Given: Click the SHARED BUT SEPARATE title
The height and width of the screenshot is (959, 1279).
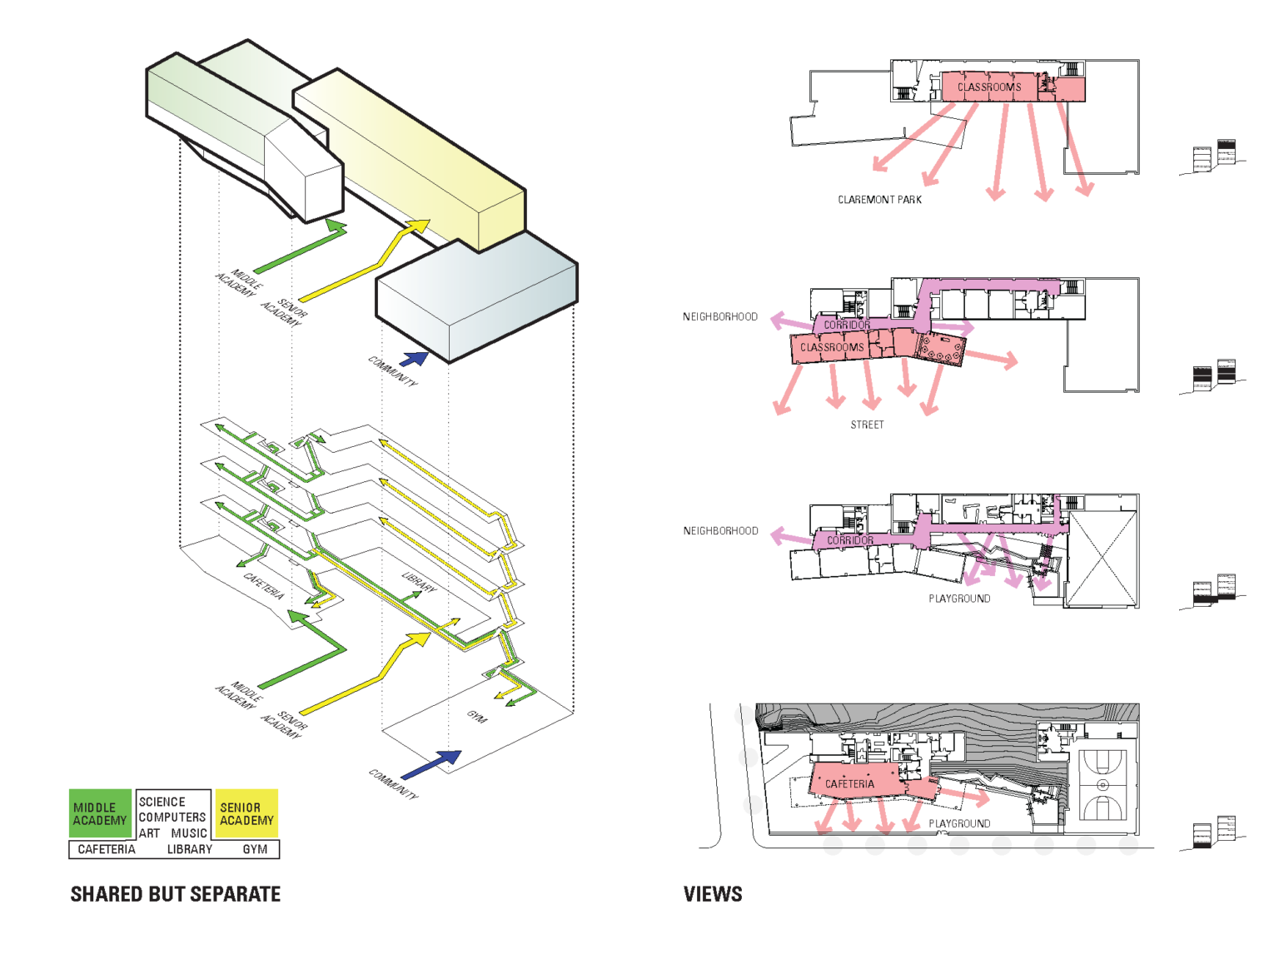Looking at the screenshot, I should [175, 894].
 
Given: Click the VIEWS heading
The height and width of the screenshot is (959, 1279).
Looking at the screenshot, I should [713, 894].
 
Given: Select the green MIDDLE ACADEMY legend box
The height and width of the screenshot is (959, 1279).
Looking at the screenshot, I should [100, 813].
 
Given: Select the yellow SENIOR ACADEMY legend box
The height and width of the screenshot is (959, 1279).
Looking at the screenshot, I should [246, 813].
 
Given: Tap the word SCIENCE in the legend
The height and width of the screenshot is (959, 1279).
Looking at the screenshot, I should [162, 802].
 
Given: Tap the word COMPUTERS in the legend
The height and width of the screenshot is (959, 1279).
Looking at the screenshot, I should [172, 817].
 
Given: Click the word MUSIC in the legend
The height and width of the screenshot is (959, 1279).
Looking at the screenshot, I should [189, 832].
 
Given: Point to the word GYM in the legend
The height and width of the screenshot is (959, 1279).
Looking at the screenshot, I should [255, 849].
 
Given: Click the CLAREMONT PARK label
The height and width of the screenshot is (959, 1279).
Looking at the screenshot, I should [879, 200].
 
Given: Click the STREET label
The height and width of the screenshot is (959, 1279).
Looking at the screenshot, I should [867, 425].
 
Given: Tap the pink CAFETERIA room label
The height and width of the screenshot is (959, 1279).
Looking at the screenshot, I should [849, 784].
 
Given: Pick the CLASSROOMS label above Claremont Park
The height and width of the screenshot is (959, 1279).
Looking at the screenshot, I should [988, 87].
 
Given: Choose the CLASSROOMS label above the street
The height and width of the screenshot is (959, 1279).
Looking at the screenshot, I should [832, 347].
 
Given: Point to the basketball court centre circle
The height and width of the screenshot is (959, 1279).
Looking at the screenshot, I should [1102, 785].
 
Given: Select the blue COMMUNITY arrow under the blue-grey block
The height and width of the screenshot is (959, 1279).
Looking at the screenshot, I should [414, 359].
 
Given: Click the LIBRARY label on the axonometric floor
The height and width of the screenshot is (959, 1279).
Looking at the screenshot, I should [418, 583].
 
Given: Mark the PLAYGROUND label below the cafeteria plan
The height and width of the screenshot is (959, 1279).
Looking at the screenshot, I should [959, 823].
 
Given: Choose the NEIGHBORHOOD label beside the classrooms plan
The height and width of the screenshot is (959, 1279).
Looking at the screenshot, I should [720, 317].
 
